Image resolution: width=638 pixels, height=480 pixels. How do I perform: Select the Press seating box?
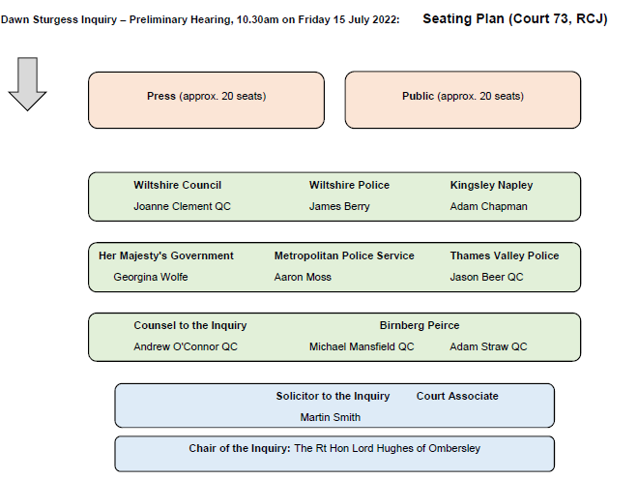click(x=206, y=101)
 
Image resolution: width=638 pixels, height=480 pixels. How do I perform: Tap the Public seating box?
click(x=463, y=100)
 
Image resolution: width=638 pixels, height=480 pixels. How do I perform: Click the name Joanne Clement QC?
click(x=182, y=206)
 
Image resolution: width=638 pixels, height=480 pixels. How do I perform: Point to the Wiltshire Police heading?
click(x=349, y=185)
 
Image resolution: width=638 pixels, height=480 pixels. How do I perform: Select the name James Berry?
click(x=339, y=206)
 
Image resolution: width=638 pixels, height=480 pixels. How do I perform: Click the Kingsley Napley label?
click(x=491, y=186)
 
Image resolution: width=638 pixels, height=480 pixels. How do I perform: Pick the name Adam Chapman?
click(x=488, y=206)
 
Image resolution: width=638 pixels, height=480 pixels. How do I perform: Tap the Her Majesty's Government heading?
click(x=166, y=255)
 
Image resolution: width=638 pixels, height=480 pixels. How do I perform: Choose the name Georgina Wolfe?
click(x=151, y=277)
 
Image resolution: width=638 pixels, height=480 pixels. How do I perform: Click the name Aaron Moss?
click(x=303, y=277)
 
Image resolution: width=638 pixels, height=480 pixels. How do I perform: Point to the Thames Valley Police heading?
click(x=505, y=255)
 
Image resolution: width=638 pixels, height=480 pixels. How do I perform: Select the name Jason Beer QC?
click(x=486, y=277)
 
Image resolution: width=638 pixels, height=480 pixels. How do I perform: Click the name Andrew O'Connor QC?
click(x=186, y=346)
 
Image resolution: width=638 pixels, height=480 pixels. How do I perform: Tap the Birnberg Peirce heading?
click(x=420, y=325)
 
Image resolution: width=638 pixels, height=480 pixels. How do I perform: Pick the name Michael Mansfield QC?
click(x=362, y=346)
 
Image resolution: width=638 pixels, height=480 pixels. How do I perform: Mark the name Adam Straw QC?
click(x=488, y=346)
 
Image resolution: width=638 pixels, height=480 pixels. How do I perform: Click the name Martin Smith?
click(x=330, y=417)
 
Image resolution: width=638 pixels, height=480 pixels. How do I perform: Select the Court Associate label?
click(x=457, y=396)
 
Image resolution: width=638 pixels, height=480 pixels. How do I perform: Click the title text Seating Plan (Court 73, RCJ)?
click(x=514, y=19)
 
